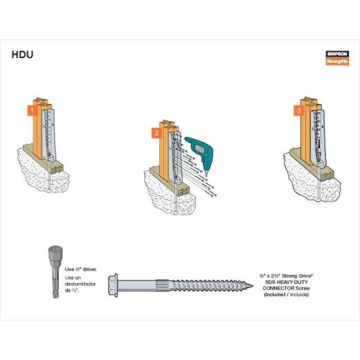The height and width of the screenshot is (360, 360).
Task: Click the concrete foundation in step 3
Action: (312, 183)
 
